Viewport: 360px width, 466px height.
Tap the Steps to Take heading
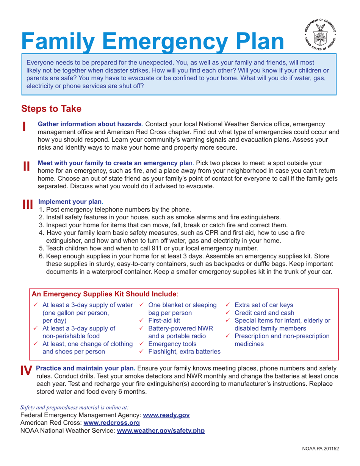51,109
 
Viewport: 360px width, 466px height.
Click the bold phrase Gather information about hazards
90,124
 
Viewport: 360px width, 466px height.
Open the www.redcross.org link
111,423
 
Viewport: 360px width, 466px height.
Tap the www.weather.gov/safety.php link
161,431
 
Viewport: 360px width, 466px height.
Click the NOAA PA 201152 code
320,449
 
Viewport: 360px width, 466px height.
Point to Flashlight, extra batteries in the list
184,352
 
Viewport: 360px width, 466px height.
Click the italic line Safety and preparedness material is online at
74,407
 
